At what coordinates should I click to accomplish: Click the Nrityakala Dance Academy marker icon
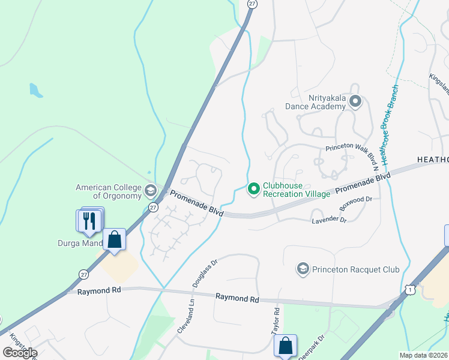[x=355, y=101]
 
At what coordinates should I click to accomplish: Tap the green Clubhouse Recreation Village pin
[x=253, y=190]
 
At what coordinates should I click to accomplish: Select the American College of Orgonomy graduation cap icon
[x=150, y=191]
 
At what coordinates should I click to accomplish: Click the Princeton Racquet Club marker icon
[x=303, y=269]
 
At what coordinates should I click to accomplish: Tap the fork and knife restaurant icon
[x=89, y=220]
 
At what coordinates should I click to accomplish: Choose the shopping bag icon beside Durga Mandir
[x=114, y=240]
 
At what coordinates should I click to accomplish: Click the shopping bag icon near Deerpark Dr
[x=285, y=346]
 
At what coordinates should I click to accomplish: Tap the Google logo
[x=19, y=353]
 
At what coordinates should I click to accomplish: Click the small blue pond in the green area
[x=35, y=91]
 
